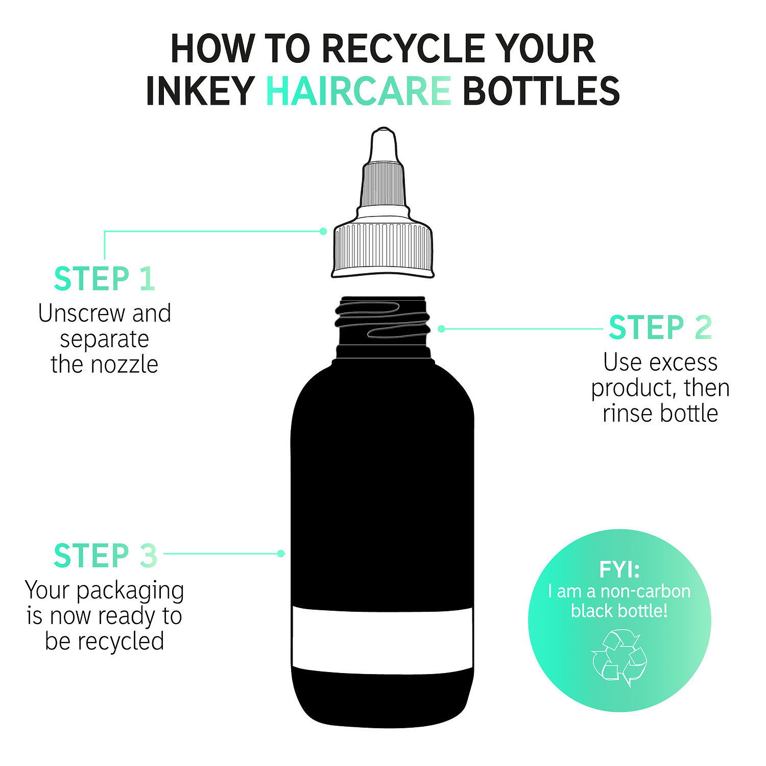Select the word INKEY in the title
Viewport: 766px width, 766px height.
200,91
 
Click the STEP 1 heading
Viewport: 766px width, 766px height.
104,279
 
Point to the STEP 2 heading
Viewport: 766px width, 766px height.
660,327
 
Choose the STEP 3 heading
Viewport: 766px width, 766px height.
105,556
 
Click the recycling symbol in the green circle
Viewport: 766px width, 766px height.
619,658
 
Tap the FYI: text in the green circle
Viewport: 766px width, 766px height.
619,569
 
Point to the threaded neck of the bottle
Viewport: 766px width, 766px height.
383,321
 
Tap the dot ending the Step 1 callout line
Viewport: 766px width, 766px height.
323,231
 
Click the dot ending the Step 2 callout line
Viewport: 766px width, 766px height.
441,329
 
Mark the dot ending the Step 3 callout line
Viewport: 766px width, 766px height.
280,554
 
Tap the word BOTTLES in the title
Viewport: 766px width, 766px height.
541,91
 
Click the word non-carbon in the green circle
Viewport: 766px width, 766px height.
645,591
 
